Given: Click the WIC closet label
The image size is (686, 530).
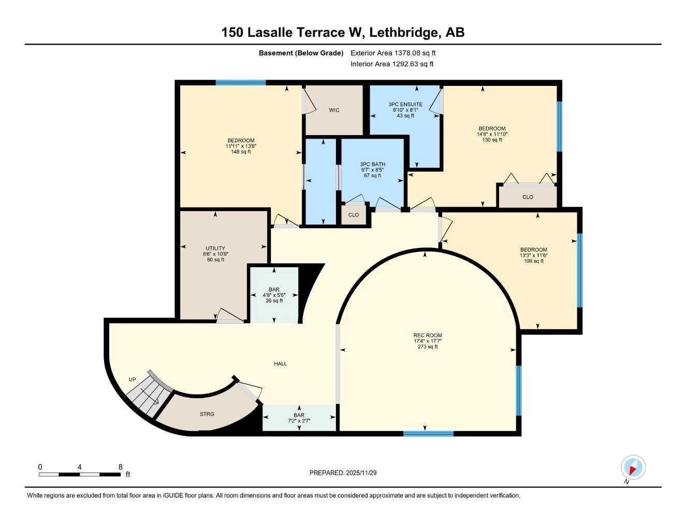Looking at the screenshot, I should pos(334,110).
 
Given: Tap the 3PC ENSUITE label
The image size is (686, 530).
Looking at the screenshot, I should pos(405,105).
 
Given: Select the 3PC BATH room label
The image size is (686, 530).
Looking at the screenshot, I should pos(373,165).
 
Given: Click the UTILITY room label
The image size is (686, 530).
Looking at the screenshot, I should pos(215,248).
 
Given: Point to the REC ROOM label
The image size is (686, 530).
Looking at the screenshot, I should pos(428,335).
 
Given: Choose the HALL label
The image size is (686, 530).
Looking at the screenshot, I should pos(281,364).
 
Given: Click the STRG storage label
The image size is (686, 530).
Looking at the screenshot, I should pos(207,414).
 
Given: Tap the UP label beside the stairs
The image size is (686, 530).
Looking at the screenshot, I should pos(133,379).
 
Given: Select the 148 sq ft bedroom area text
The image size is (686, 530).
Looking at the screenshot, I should pos(241,152).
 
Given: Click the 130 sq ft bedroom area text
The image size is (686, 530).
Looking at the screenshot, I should pos(492,140).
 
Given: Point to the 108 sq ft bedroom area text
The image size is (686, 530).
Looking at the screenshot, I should pos(534,261).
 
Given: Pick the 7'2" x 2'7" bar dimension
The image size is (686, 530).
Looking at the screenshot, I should pos(299,421).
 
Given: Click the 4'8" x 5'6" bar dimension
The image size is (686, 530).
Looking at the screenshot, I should pos(274,295).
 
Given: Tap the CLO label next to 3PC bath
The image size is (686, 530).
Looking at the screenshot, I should pos(354,215).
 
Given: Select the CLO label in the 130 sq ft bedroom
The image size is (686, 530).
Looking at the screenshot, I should pos(528,197).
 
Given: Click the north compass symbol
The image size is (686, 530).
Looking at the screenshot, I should pos(633,468).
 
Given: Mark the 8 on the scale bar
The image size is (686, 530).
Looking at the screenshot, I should pos(120,467).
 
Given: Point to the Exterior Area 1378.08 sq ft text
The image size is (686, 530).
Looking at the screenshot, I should pos(393,53).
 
